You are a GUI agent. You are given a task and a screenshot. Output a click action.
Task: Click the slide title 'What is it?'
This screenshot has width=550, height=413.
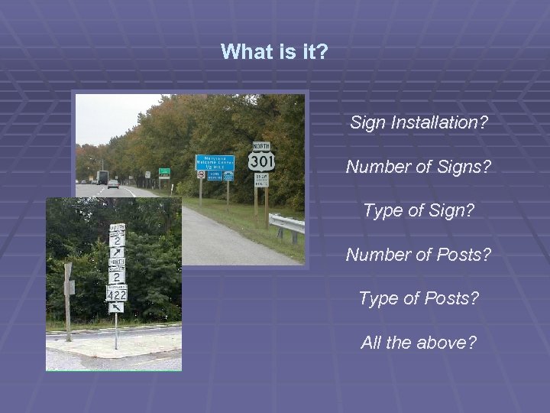pyautogui.click(x=274, y=52)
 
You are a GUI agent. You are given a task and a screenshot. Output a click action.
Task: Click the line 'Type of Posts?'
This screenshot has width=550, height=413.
pyautogui.click(x=419, y=298)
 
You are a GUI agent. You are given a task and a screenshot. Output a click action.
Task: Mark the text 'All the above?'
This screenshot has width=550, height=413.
pyautogui.click(x=418, y=342)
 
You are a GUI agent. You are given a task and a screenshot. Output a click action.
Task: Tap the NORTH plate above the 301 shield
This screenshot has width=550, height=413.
pyautogui.click(x=261, y=145)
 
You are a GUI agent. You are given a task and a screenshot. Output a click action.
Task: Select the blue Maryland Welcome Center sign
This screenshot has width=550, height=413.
pyautogui.click(x=214, y=161)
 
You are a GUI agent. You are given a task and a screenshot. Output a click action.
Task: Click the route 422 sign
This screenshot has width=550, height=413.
pyautogui.click(x=116, y=292)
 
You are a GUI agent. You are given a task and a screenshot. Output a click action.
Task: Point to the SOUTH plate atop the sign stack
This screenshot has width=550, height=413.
pyautogui.click(x=117, y=228)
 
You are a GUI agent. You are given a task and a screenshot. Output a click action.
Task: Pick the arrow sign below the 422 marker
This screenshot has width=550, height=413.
pyautogui.click(x=115, y=307)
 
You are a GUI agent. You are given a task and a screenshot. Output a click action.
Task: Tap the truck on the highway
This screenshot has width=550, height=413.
pyautogui.click(x=102, y=177)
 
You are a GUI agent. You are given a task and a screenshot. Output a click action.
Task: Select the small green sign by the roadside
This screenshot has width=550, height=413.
pyautogui.click(x=163, y=172)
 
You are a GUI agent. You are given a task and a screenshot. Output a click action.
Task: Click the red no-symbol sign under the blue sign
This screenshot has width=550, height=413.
pyautogui.click(x=201, y=174)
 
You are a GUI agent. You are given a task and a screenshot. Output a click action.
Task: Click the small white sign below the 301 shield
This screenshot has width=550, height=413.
pyautogui.click(x=261, y=180)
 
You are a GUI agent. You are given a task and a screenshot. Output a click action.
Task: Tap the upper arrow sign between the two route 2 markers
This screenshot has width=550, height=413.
pyautogui.click(x=117, y=252)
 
